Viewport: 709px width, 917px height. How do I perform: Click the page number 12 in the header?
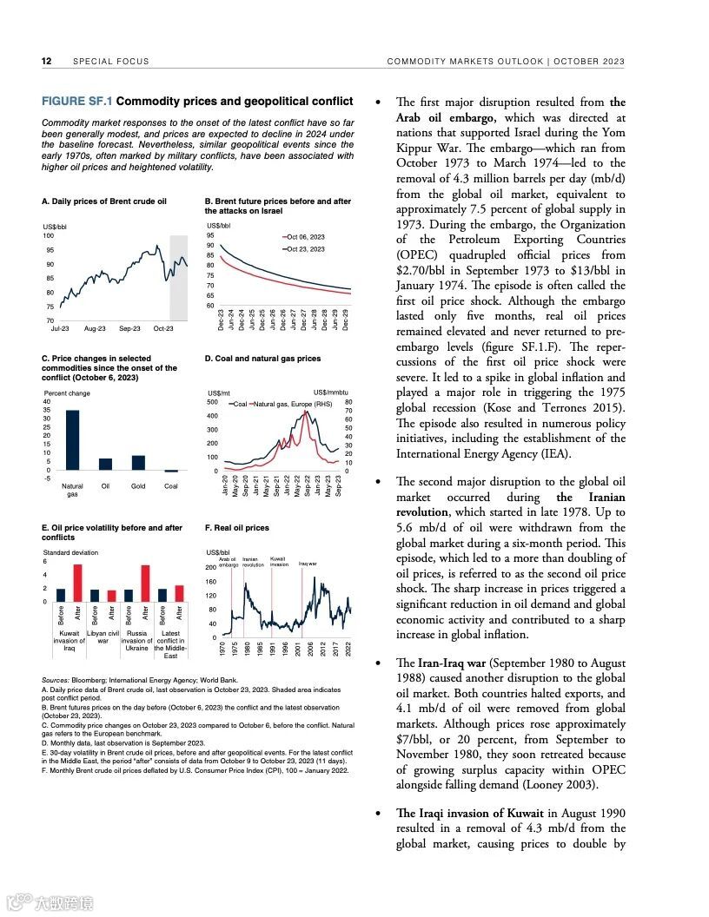pos(47,62)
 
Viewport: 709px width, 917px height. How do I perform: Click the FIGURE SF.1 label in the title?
pos(77,102)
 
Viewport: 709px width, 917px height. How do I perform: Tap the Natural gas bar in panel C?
pos(73,440)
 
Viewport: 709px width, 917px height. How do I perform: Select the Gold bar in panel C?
pos(138,463)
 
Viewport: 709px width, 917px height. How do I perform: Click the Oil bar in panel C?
pos(105,465)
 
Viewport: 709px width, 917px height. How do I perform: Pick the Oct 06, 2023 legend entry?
pos(304,236)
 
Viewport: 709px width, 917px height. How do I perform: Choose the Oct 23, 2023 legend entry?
pos(304,248)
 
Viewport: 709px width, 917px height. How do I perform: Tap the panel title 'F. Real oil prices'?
pos(237,528)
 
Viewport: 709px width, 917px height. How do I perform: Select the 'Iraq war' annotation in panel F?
pos(308,564)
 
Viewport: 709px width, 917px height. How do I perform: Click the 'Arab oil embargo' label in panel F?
pos(229,562)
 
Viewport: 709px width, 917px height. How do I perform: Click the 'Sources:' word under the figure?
pos(56,680)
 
